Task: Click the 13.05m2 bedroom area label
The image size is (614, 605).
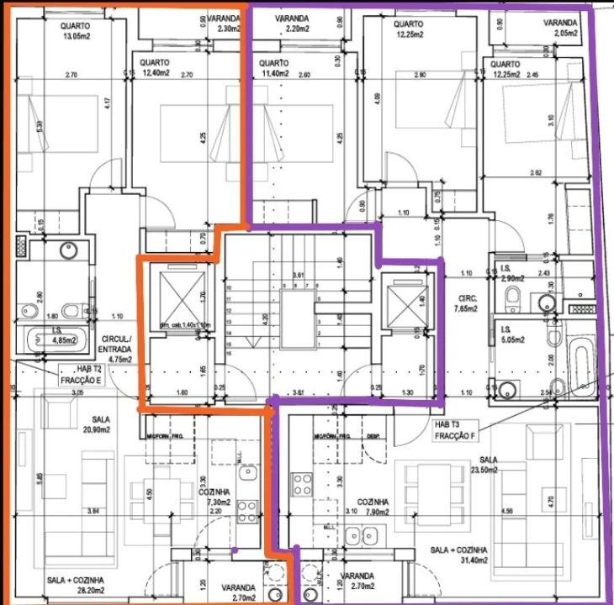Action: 76,36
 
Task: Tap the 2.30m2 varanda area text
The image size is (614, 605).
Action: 227,28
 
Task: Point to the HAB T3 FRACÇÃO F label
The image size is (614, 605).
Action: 455,430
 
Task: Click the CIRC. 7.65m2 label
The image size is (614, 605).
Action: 469,303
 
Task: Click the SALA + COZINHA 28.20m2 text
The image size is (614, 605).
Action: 75,585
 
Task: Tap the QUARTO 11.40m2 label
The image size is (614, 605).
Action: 274,68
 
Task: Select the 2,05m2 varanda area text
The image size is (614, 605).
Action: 560,28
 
